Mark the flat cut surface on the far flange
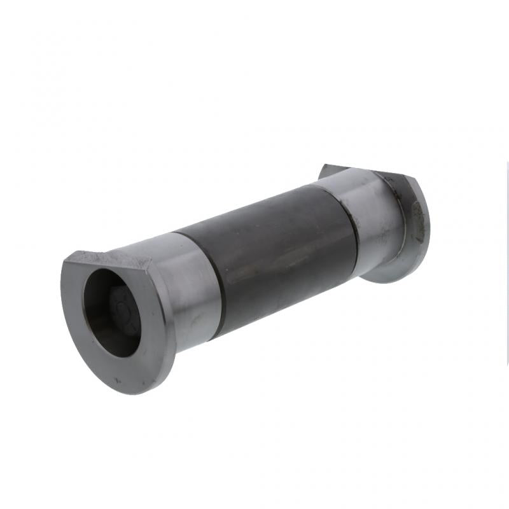coord(356,171)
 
